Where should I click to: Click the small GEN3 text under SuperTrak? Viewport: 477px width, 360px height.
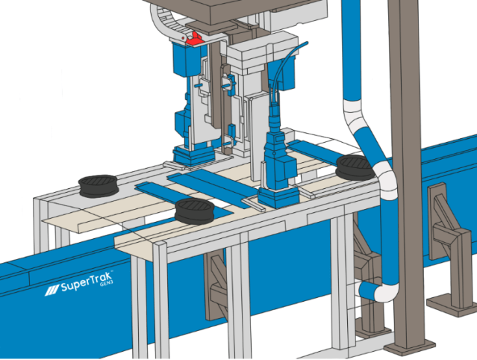[107, 284]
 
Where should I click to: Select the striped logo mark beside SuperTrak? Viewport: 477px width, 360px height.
[52, 290]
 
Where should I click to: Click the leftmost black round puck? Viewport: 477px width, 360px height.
[99, 185]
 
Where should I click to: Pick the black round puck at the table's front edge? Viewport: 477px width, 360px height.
[194, 211]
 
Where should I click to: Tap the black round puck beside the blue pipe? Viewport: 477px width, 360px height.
[355, 167]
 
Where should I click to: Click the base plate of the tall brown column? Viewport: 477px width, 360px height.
[410, 347]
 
